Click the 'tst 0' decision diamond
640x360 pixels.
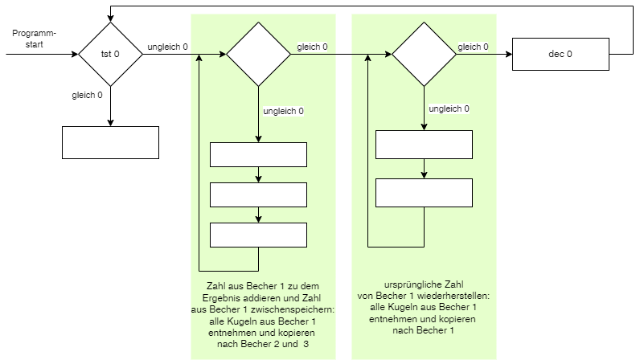click(x=110, y=54)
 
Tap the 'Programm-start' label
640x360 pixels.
click(x=34, y=39)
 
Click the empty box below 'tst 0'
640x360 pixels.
click(x=110, y=142)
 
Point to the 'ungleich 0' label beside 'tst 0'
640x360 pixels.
click(x=167, y=47)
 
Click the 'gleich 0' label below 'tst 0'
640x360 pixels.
click(x=87, y=96)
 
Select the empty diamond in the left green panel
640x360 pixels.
click(x=258, y=54)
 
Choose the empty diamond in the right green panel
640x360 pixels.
click(x=424, y=54)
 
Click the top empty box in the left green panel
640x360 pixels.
click(x=258, y=154)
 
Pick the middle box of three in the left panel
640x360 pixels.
click(x=258, y=194)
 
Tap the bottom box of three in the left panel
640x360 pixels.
click(x=258, y=235)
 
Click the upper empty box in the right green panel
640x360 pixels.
click(x=424, y=144)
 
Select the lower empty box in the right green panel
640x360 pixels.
click(x=424, y=192)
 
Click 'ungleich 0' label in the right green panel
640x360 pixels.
click(x=449, y=108)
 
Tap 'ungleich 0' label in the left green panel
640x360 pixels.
click(x=284, y=111)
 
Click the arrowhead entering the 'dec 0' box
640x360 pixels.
click(x=508, y=54)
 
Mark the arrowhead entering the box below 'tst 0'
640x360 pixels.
click(x=110, y=122)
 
